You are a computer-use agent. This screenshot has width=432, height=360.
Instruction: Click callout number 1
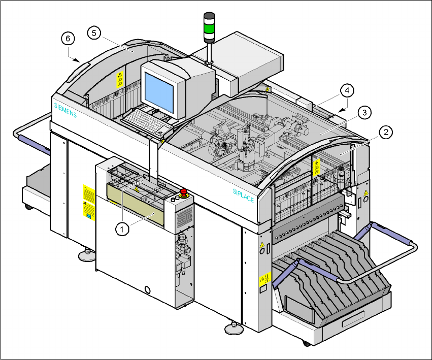pos(121,229)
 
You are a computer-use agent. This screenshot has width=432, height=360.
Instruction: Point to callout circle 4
pos(347,91)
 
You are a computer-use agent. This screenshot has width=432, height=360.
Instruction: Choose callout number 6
pos(68,39)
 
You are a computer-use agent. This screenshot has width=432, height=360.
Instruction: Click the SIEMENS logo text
pos(65,110)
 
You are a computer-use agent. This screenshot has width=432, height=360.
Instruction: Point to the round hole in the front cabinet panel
pos(148,289)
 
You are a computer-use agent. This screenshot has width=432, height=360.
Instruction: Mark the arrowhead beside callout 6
pos(78,59)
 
